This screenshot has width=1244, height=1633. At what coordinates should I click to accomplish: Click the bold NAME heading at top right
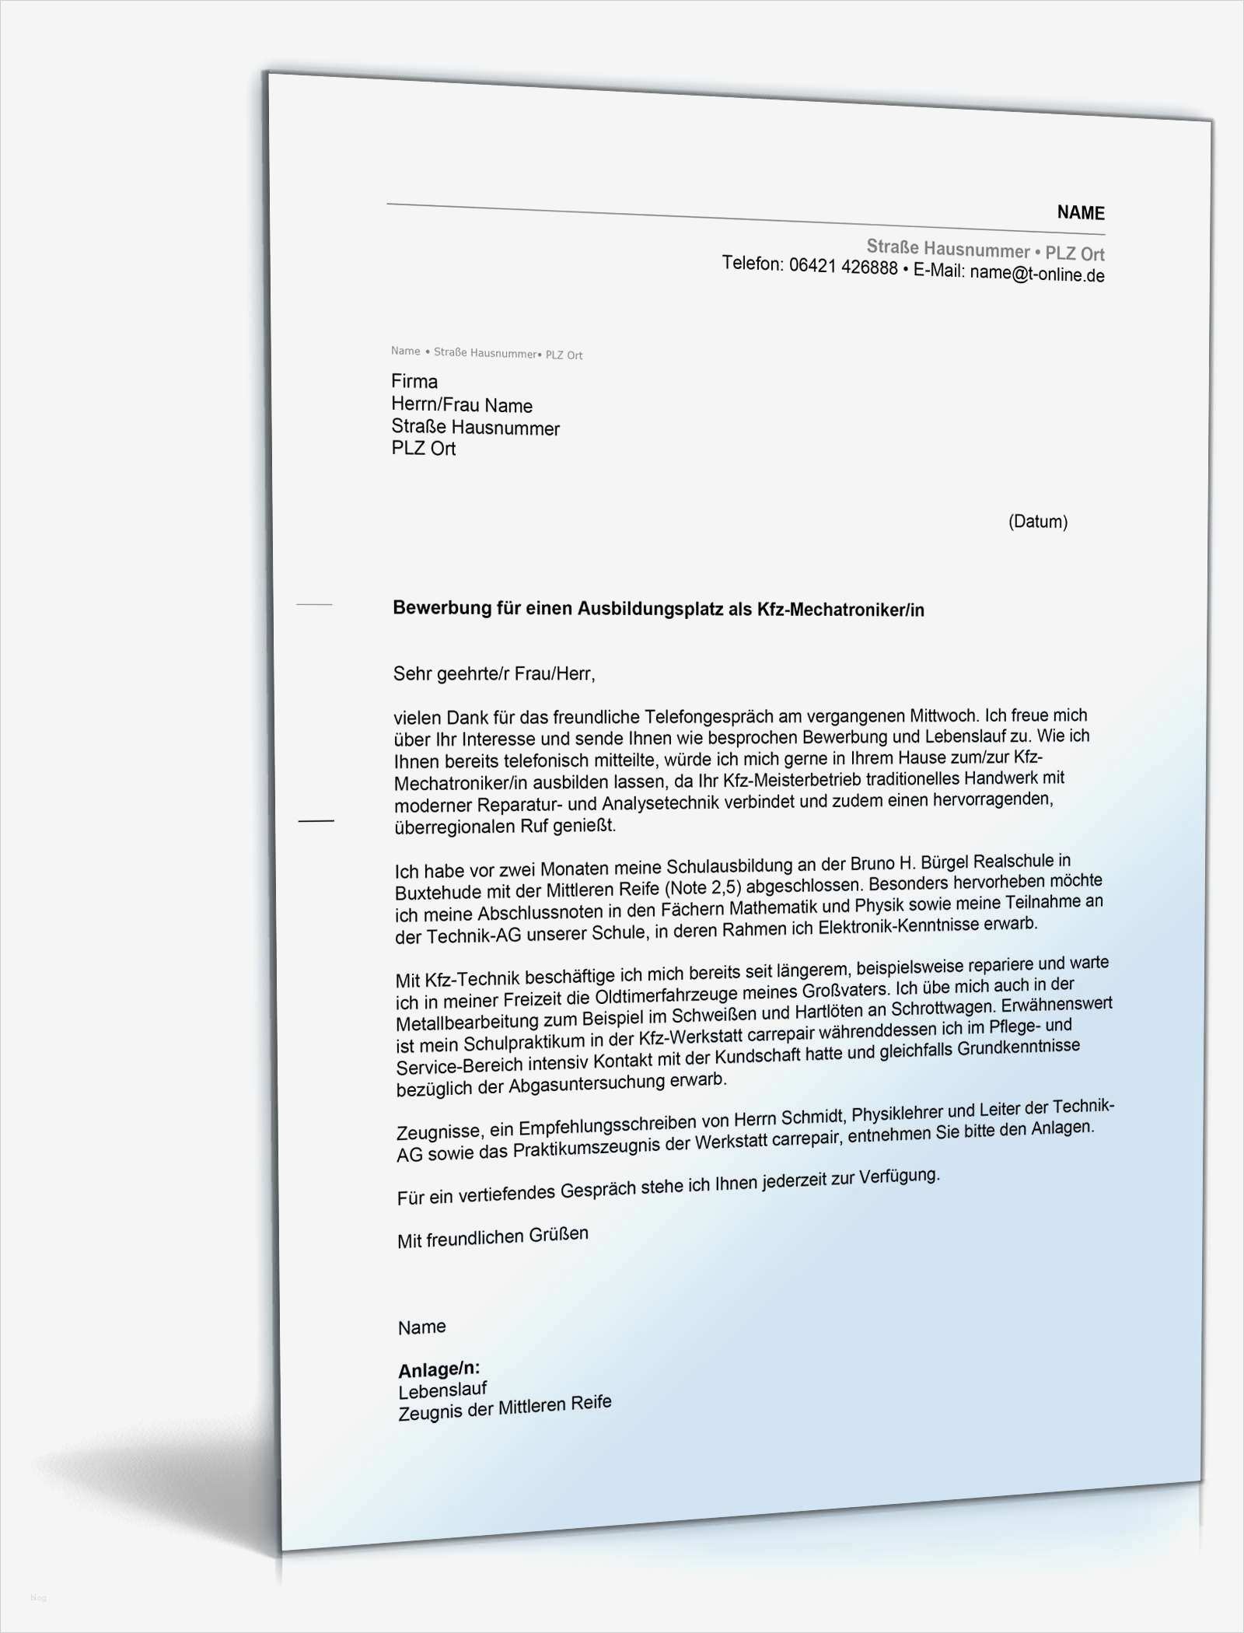[x=1080, y=212]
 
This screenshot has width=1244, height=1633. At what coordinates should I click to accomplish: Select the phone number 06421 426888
[x=843, y=267]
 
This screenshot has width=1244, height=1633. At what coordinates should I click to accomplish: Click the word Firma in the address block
[x=414, y=381]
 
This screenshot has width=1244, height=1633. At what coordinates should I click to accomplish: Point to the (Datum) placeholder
[x=1037, y=521]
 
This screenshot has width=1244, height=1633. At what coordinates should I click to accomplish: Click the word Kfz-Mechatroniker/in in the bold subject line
[x=840, y=610]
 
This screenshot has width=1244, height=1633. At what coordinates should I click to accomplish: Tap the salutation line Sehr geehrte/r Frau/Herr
[x=494, y=673]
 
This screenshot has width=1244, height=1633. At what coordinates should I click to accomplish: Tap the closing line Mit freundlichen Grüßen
[x=493, y=1237]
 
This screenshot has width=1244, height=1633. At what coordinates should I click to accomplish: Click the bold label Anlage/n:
[x=439, y=1369]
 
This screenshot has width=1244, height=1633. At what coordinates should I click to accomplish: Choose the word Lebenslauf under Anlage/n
[x=442, y=1390]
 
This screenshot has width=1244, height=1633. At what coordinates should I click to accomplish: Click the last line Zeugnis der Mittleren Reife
[x=505, y=1407]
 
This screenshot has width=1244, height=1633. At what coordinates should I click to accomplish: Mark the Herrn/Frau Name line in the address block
[x=462, y=405]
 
